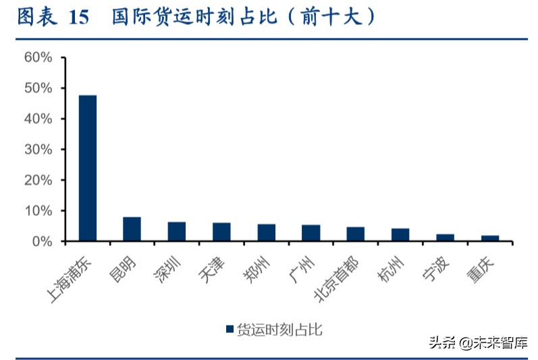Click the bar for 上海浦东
pyautogui.click(x=88, y=168)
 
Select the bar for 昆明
pyautogui.click(x=132, y=229)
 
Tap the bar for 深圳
pyautogui.click(x=177, y=232)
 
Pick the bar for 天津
pyautogui.click(x=221, y=232)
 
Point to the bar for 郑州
pyautogui.click(x=267, y=232)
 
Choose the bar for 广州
pyautogui.click(x=311, y=233)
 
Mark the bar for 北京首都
pyautogui.click(x=356, y=234)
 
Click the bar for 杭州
pyautogui.click(x=400, y=234)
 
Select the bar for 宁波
pyautogui.click(x=446, y=238)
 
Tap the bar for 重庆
pyautogui.click(x=490, y=238)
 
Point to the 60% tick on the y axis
pyautogui.click(x=38, y=57)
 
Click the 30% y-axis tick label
pyautogui.click(x=38, y=149)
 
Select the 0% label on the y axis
pyautogui.click(x=41, y=241)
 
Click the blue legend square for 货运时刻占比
pyautogui.click(x=230, y=329)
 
